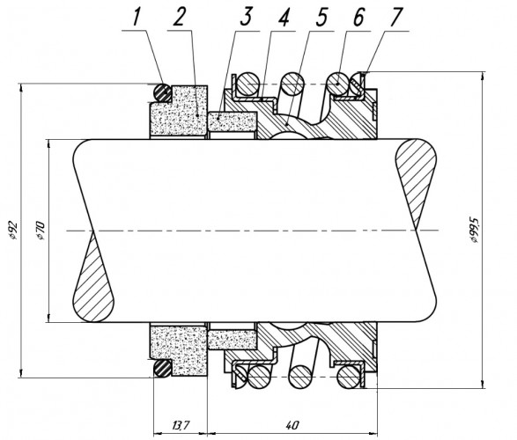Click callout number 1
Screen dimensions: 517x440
click(x=137, y=16)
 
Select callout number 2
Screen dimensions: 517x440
click(x=179, y=17)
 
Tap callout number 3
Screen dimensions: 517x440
click(x=246, y=16)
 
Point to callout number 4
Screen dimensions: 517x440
click(x=284, y=17)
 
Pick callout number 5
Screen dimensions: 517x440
click(x=321, y=17)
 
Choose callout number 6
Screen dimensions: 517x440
click(x=358, y=17)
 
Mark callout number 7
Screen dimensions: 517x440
click(x=396, y=17)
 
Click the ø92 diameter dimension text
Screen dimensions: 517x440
click(x=13, y=230)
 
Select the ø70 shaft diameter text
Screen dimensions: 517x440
click(x=41, y=231)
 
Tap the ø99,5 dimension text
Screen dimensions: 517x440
click(x=474, y=230)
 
